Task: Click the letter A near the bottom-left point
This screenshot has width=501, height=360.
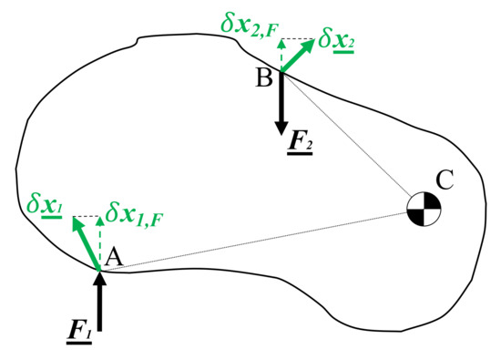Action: pos(114,259)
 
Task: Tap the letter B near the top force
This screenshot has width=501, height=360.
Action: pos(264,78)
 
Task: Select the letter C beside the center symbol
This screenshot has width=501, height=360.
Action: pos(445,180)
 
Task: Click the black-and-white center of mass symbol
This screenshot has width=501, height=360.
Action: pos(424,210)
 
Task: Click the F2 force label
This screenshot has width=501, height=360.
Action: pos(297,144)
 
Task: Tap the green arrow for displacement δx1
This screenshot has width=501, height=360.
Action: pos(87,242)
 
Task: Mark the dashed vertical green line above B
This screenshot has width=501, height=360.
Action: pos(281,55)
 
